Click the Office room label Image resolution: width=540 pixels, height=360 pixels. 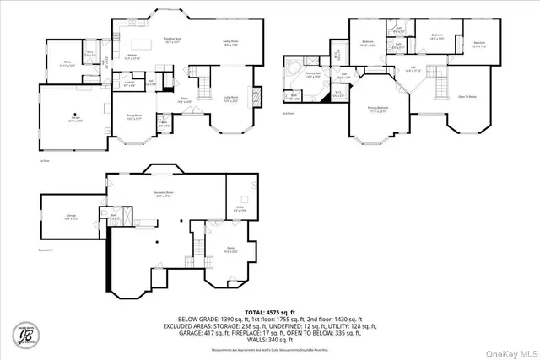[68, 63]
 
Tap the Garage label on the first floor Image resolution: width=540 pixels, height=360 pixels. [74, 120]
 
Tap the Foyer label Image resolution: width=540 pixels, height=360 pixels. [183, 99]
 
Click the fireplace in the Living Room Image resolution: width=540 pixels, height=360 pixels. [258, 94]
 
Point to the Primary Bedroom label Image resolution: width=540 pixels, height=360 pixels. [382, 110]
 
